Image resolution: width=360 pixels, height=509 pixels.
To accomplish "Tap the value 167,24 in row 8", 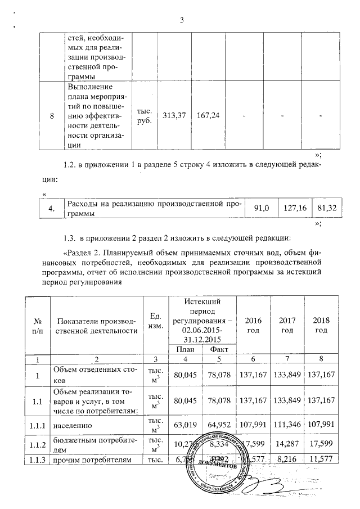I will pyautogui.click(x=210, y=116).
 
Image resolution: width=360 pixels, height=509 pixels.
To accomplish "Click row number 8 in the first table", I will pyautogui.click(x=52, y=116).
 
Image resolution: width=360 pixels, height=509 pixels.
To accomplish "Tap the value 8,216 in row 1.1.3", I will pyautogui.click(x=288, y=459).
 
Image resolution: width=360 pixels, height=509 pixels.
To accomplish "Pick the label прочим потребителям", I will pyautogui.click(x=83, y=459).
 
